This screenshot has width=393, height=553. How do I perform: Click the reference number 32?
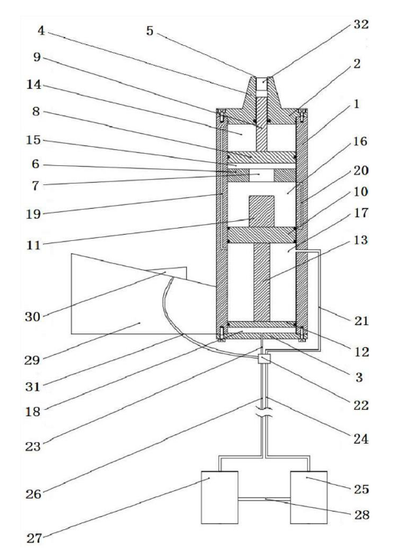tap(361, 24)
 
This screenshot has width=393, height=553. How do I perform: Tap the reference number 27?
tap(34, 538)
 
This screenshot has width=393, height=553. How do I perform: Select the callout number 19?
tap(34, 214)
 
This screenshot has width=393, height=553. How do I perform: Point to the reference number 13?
tap(361, 240)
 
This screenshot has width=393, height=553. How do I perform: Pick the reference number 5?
tap(149, 31)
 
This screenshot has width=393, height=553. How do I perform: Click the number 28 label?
tap(362, 515)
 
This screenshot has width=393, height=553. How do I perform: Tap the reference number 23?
tap(33, 447)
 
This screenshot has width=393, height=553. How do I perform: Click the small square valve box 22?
tap(264, 359)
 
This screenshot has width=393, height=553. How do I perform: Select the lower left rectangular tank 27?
tap(219, 497)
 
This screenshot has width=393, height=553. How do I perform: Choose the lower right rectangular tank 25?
tap(309, 497)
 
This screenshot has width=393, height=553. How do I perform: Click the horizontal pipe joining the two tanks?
tap(264, 499)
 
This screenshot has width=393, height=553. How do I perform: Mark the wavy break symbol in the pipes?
tap(264, 413)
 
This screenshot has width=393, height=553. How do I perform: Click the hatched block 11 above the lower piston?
tap(262, 211)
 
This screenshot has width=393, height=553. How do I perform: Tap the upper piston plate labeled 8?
tap(262, 158)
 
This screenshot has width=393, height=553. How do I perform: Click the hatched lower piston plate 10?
tap(262, 235)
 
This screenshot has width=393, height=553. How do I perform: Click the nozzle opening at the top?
tap(262, 84)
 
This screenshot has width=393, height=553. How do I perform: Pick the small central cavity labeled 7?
tap(262, 175)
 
